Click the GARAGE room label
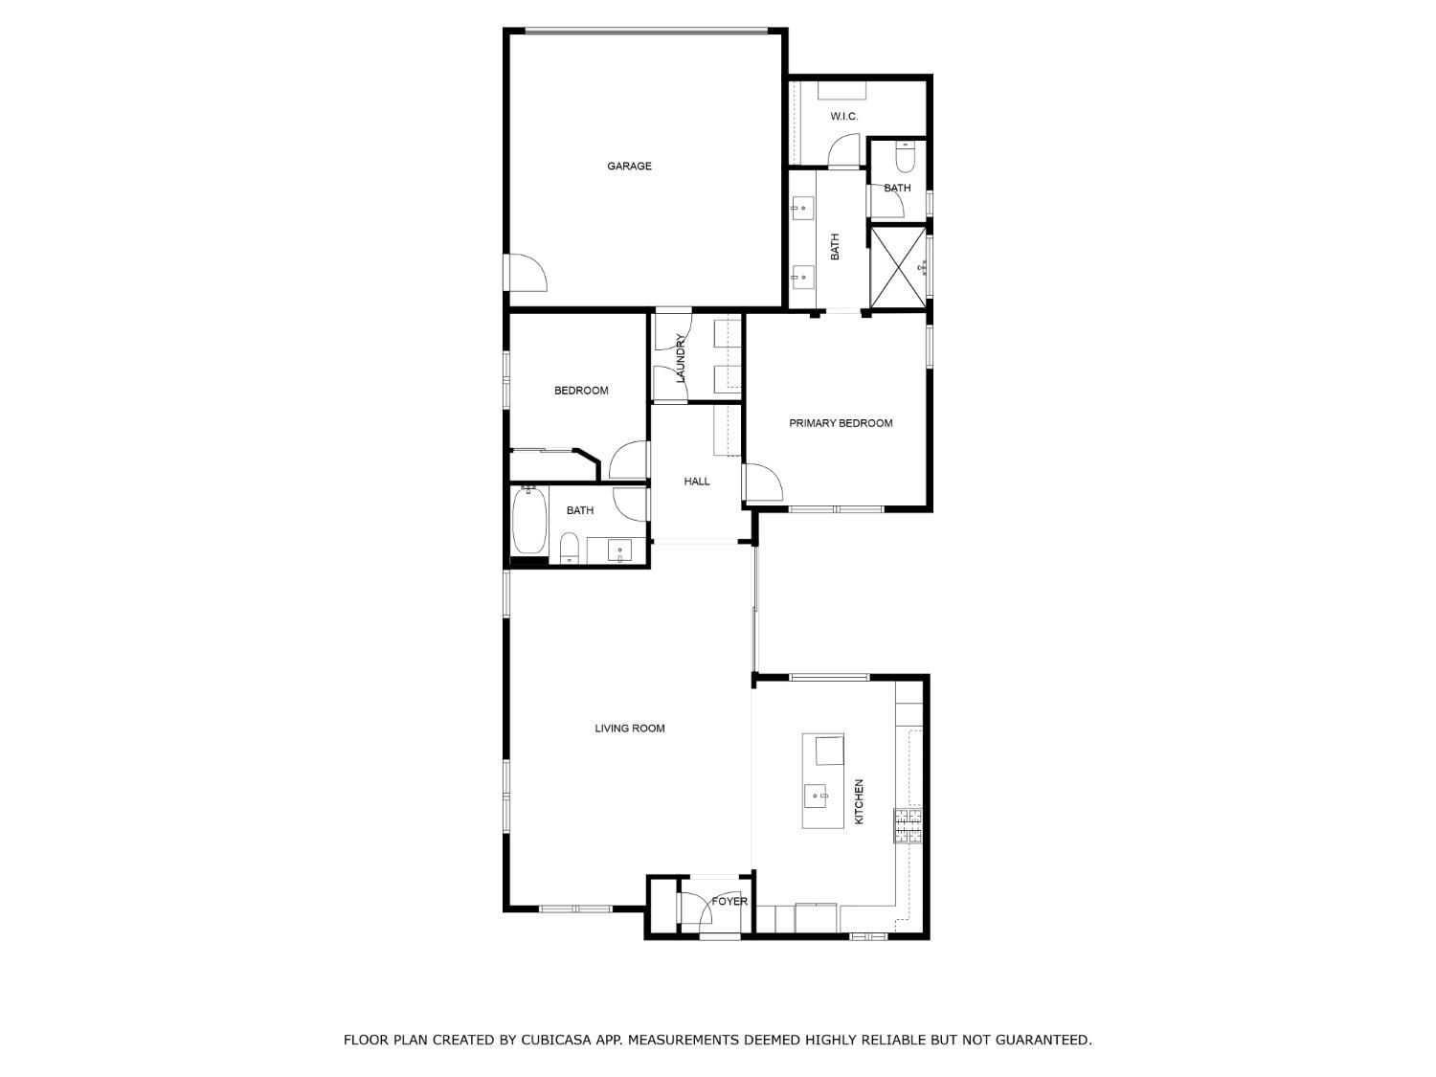point(629,166)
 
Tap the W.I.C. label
point(844,117)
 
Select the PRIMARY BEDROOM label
point(841,423)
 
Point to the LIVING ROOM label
point(629,728)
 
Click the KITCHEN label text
point(859,801)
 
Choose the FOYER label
point(729,901)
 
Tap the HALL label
point(697,482)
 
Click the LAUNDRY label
point(681,358)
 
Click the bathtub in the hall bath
point(528,521)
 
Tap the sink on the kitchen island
point(819,796)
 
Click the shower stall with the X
point(899,267)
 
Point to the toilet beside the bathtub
point(570,548)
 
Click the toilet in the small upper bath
point(905,158)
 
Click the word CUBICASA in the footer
point(555,1040)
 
